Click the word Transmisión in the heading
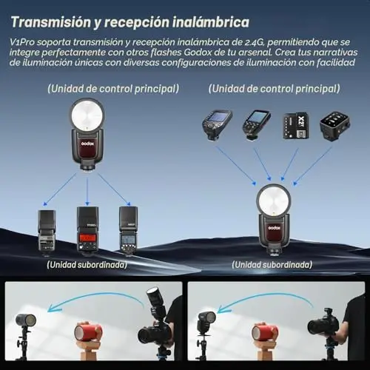point(51,22)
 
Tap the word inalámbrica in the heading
point(211,22)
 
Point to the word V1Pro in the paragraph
point(22,42)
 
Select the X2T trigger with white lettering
point(296,126)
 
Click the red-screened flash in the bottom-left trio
point(87,230)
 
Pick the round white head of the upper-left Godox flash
point(87,115)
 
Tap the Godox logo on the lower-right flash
point(275,227)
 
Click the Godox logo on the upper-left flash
point(87,143)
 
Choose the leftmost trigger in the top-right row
point(217,125)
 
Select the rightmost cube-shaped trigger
point(335,125)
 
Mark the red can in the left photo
point(88,332)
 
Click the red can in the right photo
point(265,332)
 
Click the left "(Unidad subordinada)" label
point(87,265)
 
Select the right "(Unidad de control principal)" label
point(274,89)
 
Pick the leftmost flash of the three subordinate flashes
point(47,232)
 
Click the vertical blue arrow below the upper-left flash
point(87,192)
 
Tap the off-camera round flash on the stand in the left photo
point(25,321)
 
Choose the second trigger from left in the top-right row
point(256,125)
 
